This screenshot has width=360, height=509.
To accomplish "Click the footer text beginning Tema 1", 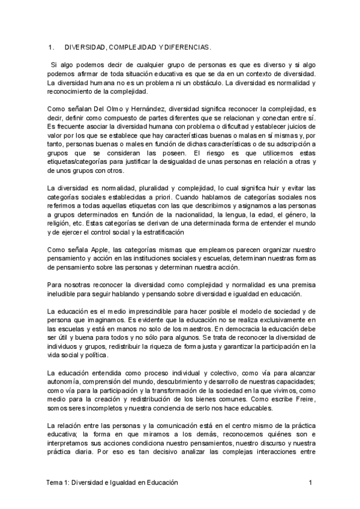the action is (112, 483).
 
